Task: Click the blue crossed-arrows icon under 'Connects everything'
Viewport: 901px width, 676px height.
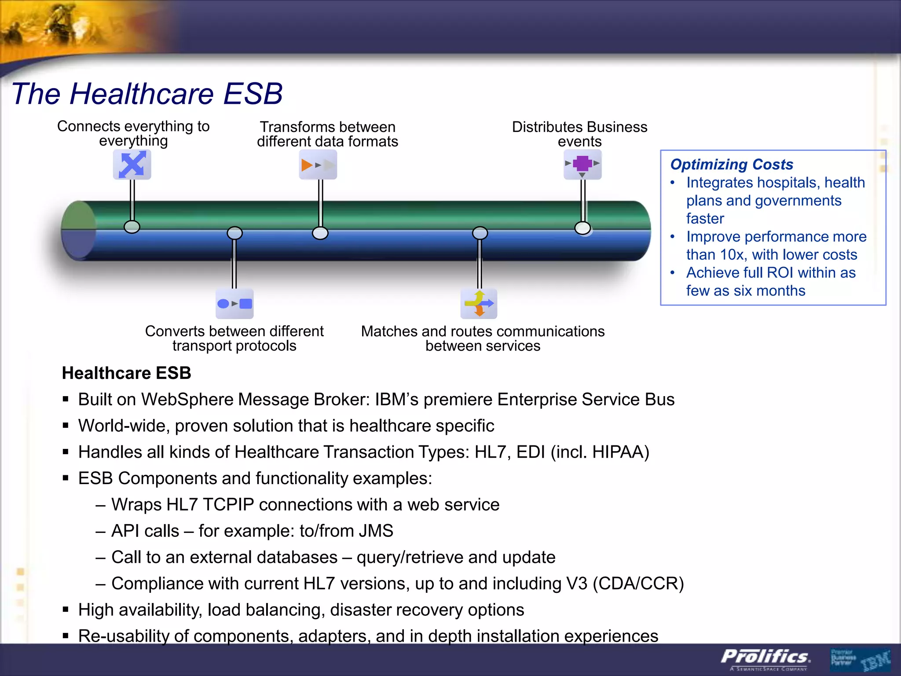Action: (132, 164)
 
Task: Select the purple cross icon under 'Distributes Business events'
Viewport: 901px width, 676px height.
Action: (582, 164)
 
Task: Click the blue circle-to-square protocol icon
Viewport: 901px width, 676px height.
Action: (234, 304)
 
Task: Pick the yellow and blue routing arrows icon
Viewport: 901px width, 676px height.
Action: (479, 304)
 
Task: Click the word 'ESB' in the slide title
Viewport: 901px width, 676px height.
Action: (253, 94)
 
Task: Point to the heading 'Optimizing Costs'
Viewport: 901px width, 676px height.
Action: (731, 164)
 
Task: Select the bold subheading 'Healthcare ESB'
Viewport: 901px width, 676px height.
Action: (126, 373)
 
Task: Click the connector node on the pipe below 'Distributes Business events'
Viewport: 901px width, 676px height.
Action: (582, 228)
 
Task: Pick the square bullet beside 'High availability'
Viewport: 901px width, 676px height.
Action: (66, 610)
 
